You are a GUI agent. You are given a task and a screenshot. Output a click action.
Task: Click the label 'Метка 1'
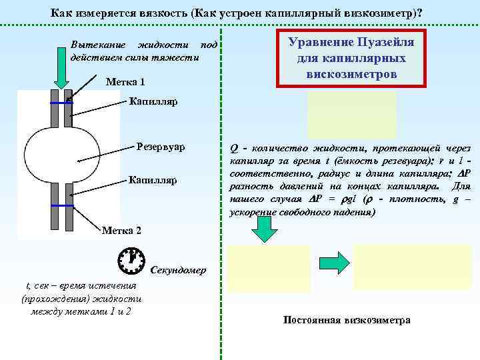point(125,82)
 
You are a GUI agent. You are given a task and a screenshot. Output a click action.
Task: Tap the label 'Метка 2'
point(121,231)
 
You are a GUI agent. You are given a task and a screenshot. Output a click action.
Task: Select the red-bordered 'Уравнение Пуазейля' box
point(351,58)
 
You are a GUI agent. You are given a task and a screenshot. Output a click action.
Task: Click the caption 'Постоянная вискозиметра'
point(346,321)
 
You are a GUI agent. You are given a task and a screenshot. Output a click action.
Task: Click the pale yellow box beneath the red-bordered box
point(351,114)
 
